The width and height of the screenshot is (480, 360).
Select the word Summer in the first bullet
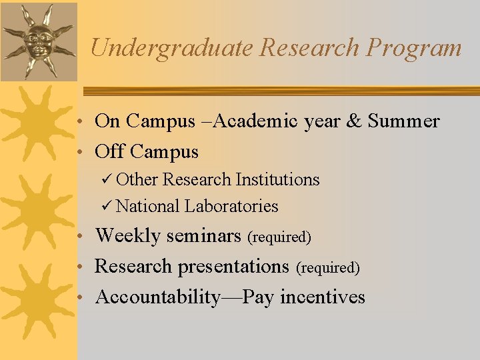[403, 121]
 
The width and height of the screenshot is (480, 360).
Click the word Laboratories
[231, 207]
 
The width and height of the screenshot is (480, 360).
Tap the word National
[147, 207]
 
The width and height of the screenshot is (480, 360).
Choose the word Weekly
[127, 236]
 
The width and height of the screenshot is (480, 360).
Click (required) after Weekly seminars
[279, 237]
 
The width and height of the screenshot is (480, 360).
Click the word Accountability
[157, 297]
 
